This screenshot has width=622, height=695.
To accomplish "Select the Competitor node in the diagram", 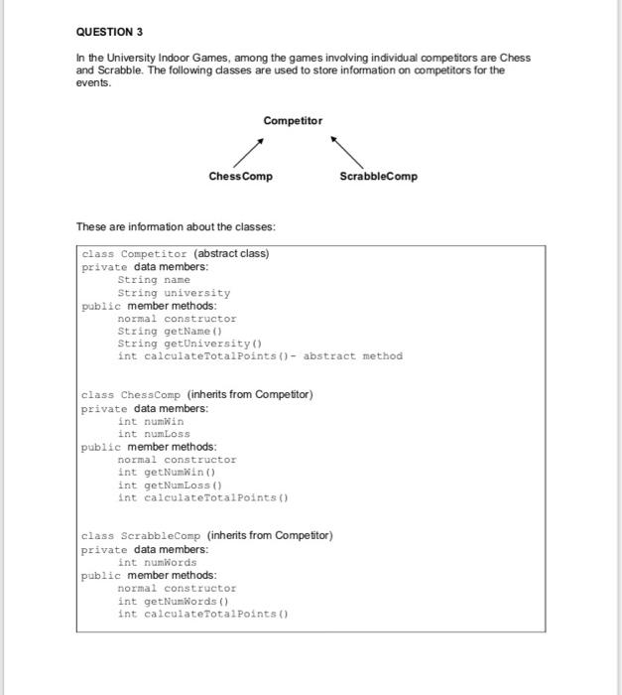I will tap(293, 120).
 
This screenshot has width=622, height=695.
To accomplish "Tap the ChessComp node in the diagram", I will tap(240, 176).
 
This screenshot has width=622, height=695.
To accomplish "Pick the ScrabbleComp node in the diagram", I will tap(378, 176).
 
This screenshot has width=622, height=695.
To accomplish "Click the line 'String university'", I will tap(174, 293).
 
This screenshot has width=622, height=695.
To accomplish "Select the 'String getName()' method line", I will tap(162, 332).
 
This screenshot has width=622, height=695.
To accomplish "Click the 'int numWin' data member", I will tap(151, 421).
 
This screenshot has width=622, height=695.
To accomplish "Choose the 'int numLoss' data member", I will tap(154, 434).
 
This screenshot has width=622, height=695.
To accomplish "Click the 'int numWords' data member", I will tap(157, 562).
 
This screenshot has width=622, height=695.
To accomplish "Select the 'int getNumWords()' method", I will tap(173, 601).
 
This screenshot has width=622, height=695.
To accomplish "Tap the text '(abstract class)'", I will tap(231, 253).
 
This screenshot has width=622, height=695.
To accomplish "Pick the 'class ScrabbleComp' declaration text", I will tap(142, 536).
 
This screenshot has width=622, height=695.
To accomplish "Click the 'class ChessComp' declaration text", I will tap(132, 395).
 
